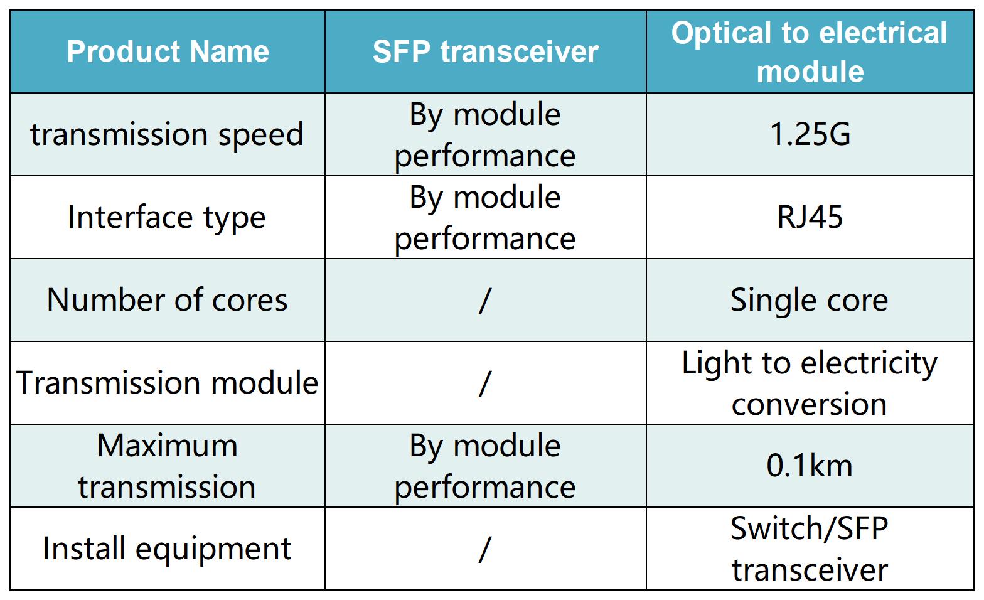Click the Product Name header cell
[168, 52]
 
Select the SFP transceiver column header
[486, 52]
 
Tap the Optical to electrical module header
[810, 52]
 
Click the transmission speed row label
[167, 134]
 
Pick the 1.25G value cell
[810, 134]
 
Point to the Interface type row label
[167, 217]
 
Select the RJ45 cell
[810, 217]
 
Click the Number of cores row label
[167, 300]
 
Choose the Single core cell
[809, 301]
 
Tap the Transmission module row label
[167, 383]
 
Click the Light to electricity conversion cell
[809, 383]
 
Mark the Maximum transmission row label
[167, 466]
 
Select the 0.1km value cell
[810, 466]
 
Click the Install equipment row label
[167, 549]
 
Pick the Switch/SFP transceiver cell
[809, 549]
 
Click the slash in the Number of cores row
[485, 301]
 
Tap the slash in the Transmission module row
[485, 383]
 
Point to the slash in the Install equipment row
[485, 549]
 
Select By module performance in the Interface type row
[485, 218]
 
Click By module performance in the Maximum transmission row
[485, 466]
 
